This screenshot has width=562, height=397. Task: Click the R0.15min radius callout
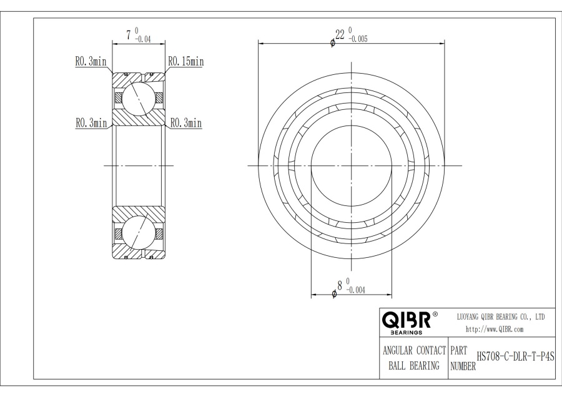pyautogui.click(x=186, y=62)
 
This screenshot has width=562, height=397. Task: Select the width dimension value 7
pyautogui.click(x=129, y=36)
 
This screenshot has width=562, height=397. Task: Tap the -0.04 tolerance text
pyautogui.click(x=143, y=39)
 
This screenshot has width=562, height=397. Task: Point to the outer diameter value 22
pyautogui.click(x=340, y=34)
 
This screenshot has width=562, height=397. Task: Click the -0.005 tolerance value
pyautogui.click(x=358, y=39)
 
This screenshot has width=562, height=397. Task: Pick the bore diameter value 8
pyautogui.click(x=340, y=285)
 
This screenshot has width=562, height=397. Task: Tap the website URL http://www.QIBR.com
pyautogui.click(x=495, y=330)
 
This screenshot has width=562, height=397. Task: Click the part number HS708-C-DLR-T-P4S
pyautogui.click(x=515, y=357)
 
